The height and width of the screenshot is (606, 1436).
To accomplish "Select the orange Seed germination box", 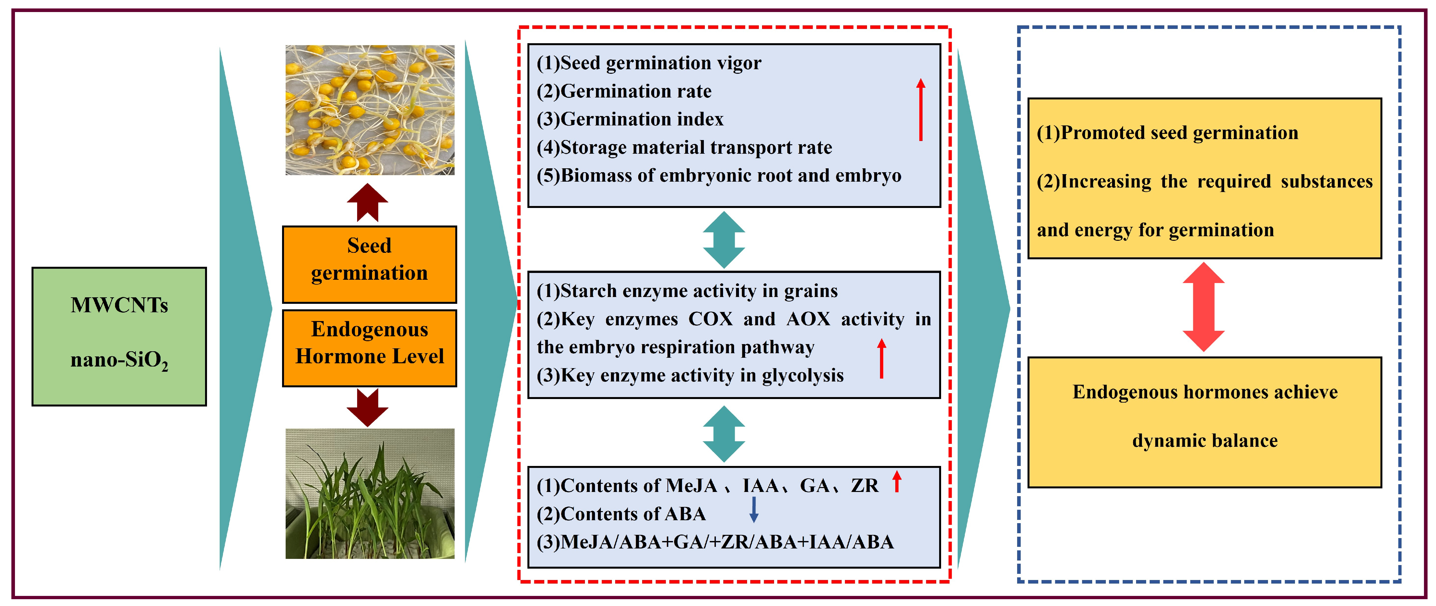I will point(369,264).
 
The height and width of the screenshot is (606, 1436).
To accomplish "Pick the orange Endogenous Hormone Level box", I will point(369,348).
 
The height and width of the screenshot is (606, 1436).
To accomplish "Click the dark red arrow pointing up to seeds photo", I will point(367,202).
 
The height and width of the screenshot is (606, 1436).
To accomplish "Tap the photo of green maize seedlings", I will point(369,493).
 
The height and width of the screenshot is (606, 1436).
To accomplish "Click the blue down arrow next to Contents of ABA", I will point(754,509).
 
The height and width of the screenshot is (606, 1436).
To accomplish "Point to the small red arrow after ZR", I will point(896,482).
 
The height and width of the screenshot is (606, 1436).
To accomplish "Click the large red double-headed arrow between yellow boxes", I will point(1204,307).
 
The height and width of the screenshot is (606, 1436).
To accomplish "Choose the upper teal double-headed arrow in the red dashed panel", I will point(724,240).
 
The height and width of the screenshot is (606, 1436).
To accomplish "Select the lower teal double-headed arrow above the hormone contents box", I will point(724,434).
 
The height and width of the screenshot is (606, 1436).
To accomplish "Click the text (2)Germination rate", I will point(624,91).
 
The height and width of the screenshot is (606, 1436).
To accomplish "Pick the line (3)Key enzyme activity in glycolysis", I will point(690,376).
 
